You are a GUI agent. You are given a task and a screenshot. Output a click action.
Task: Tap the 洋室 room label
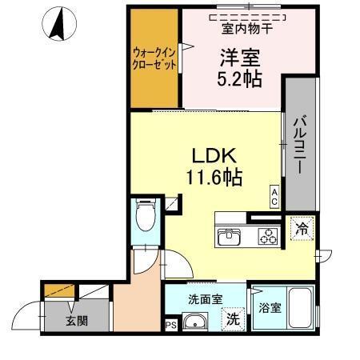tap(238, 57)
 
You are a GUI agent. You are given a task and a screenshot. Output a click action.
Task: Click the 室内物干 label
tap(246, 30)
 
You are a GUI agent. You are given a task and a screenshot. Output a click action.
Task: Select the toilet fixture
tap(146, 215)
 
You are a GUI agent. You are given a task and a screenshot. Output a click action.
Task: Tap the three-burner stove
tap(267, 237)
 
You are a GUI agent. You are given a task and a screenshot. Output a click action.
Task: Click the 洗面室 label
tap(206, 299)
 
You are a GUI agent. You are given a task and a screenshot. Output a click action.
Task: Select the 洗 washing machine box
tap(233, 318)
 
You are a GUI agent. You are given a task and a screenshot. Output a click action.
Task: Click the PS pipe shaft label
tap(170, 326)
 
